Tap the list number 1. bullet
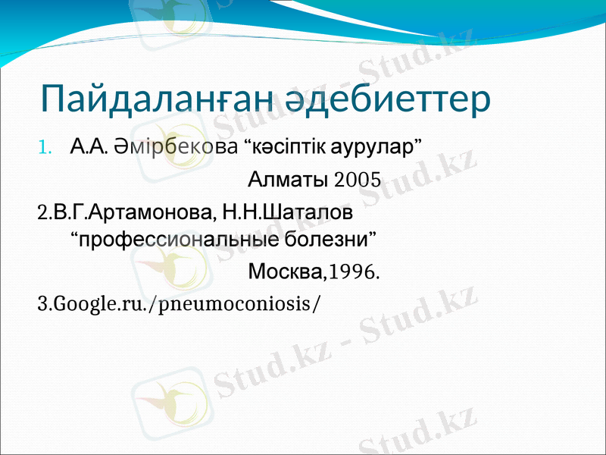coord(45,145)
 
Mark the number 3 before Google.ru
coord(41,303)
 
